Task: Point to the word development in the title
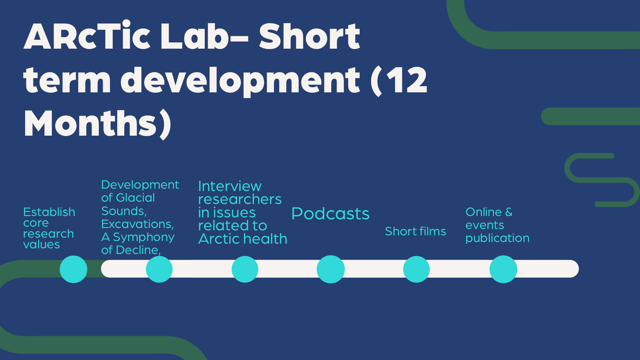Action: pyautogui.click(x=240, y=80)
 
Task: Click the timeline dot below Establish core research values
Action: pyautogui.click(x=73, y=269)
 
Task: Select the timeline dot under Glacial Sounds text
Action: pyautogui.click(x=159, y=269)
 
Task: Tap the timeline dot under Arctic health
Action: pyautogui.click(x=245, y=269)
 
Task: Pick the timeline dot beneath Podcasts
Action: pyautogui.click(x=331, y=269)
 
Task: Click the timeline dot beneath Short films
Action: pyautogui.click(x=416, y=269)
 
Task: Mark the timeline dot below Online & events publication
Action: pyautogui.click(x=503, y=269)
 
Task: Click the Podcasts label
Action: pyautogui.click(x=330, y=214)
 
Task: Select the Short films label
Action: pyautogui.click(x=415, y=231)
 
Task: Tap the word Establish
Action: pyautogui.click(x=49, y=212)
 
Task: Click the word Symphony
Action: pyautogui.click(x=144, y=237)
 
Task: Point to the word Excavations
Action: pyautogui.click(x=137, y=224)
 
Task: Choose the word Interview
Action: pyautogui.click(x=230, y=186)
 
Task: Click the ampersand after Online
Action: pyautogui.click(x=509, y=212)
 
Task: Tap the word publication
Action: pyautogui.click(x=497, y=238)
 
